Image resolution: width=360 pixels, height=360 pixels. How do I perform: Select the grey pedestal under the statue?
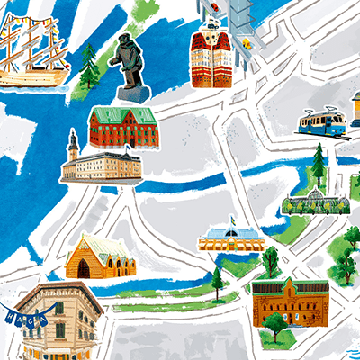[132, 94]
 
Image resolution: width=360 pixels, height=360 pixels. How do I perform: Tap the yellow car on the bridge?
[217, 8]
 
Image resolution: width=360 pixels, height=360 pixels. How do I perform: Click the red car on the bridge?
[246, 42]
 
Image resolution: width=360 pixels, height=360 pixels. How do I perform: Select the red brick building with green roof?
[122, 127]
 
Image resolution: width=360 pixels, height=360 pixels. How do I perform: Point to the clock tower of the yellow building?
[73, 144]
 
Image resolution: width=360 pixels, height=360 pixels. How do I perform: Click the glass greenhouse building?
[314, 203]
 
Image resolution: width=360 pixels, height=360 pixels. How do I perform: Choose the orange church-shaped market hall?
[100, 256]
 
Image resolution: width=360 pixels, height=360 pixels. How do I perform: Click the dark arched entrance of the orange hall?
[84, 267]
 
